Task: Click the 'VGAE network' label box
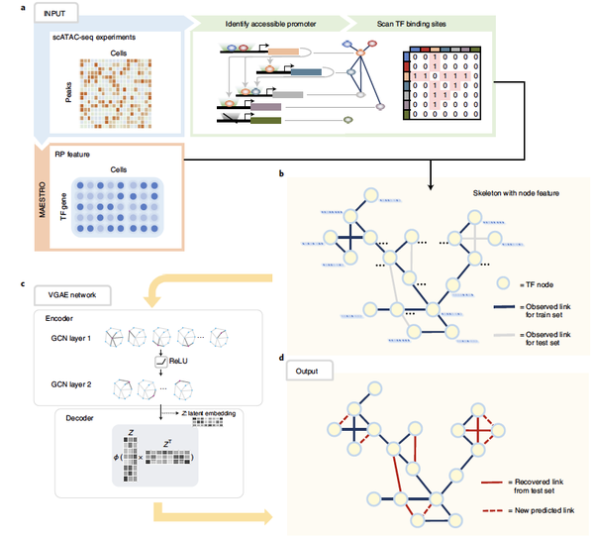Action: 76,295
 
